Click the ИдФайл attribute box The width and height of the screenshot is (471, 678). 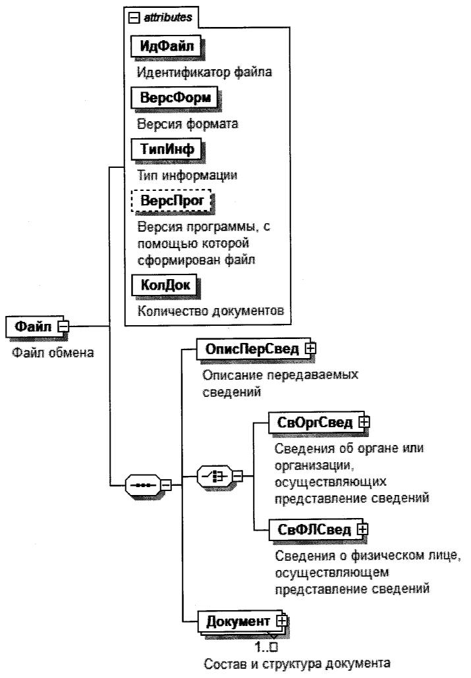[166, 47]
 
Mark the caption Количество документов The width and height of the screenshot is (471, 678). [206, 310]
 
